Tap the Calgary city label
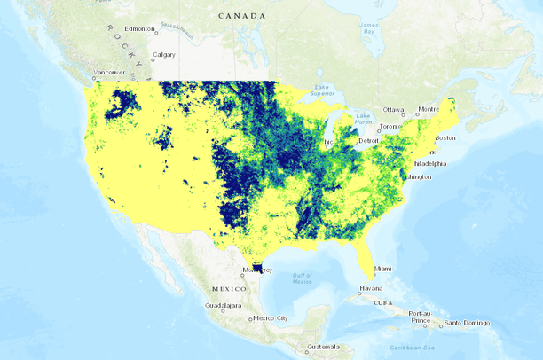(x=164, y=55)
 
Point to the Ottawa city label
(x=394, y=110)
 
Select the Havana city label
(x=370, y=288)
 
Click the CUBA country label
(x=383, y=301)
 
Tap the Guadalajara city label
(x=223, y=305)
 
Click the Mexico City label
(x=271, y=317)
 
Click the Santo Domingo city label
(x=467, y=323)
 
